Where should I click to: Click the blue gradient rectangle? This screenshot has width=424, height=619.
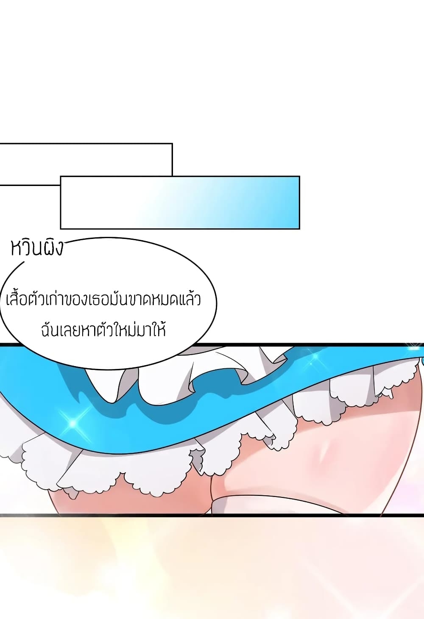coord(180,203)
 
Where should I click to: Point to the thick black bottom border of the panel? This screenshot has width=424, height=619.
coord(212,515)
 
